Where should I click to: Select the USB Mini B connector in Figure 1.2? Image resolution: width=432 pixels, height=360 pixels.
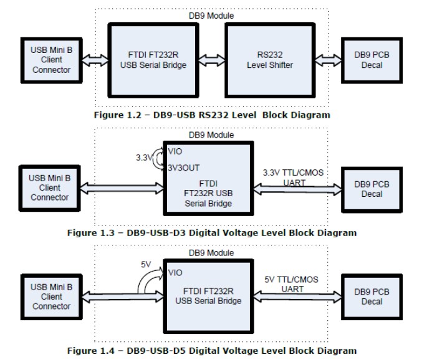click(52, 59)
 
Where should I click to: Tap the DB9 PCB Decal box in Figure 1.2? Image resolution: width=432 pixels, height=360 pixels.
click(372, 60)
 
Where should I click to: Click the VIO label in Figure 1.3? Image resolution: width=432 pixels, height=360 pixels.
click(175, 151)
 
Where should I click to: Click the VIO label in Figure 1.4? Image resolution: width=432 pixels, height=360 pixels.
click(176, 272)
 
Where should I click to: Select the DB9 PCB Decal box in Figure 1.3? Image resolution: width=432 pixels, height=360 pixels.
click(372, 189)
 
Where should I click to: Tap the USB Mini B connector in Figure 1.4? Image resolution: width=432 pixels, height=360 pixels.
click(52, 296)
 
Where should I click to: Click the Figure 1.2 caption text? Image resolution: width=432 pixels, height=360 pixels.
click(212, 115)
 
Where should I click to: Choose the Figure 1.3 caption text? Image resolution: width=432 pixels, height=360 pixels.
click(212, 233)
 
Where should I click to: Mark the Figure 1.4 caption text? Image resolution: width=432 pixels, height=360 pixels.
click(212, 351)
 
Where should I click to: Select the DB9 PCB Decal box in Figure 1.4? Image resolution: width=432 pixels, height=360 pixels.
click(372, 296)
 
